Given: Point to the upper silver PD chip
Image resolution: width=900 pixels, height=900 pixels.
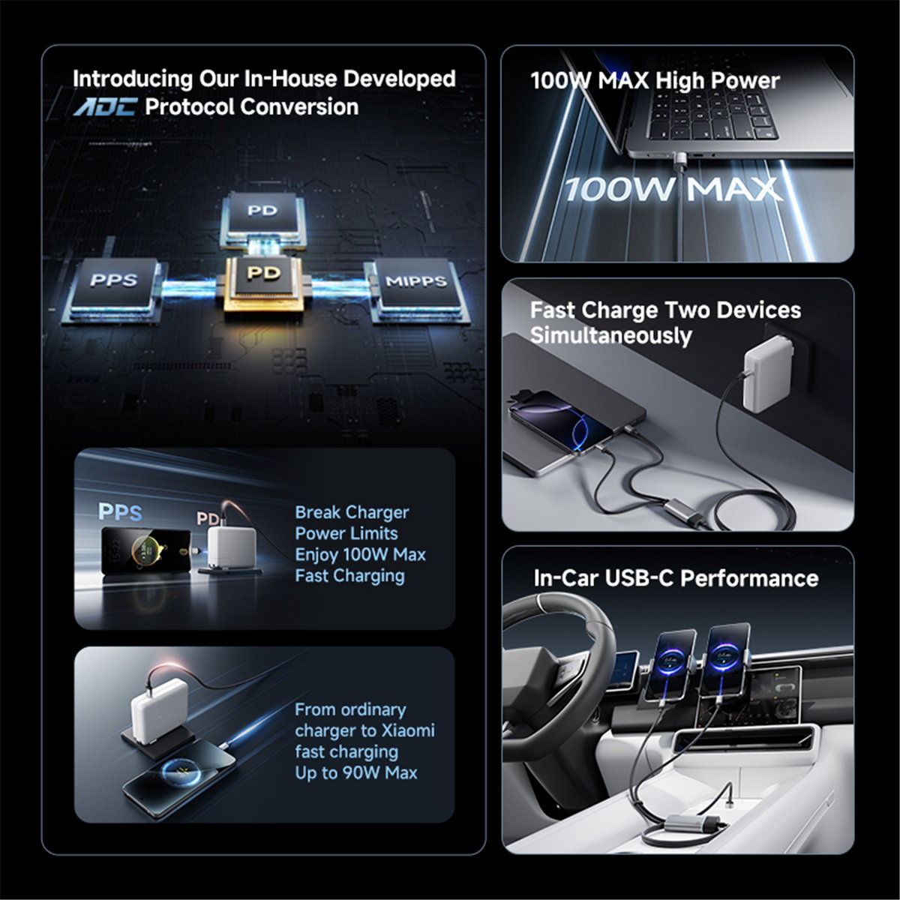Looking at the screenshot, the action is pos(262,217).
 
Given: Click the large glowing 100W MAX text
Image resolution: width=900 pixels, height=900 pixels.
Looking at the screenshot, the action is pos(673,189).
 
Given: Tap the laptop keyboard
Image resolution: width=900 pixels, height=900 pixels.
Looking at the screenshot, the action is pos(712,115).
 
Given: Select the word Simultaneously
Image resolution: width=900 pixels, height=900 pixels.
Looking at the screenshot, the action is pos(611,336).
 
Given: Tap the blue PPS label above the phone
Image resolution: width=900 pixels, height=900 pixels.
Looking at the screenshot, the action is pos(120,512).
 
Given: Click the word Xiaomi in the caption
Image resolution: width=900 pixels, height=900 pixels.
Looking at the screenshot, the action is pos(408,730).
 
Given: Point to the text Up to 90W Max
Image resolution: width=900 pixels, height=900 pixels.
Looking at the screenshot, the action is pos(356,773).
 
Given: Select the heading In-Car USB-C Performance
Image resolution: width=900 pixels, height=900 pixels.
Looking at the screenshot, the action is pos(676,578).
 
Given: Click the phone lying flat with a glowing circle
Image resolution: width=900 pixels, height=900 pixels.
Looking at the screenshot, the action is pos(180,776).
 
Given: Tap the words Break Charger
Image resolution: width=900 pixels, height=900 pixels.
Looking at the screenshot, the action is pos(352,512).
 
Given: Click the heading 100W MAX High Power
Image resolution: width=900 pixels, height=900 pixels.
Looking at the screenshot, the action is pos(655,80).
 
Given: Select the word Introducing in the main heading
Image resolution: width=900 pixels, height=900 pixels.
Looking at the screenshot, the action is pos(133,79).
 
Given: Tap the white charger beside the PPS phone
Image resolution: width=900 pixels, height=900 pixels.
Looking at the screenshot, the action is pos(232,548).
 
